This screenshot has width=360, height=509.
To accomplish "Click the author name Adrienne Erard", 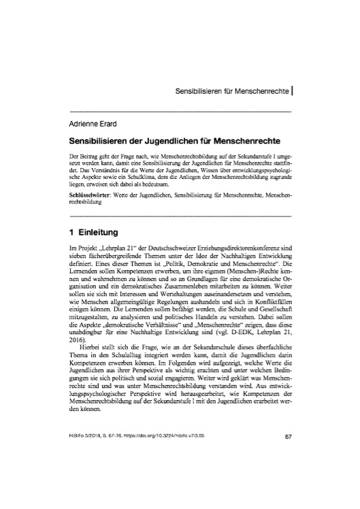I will pos(96,123).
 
